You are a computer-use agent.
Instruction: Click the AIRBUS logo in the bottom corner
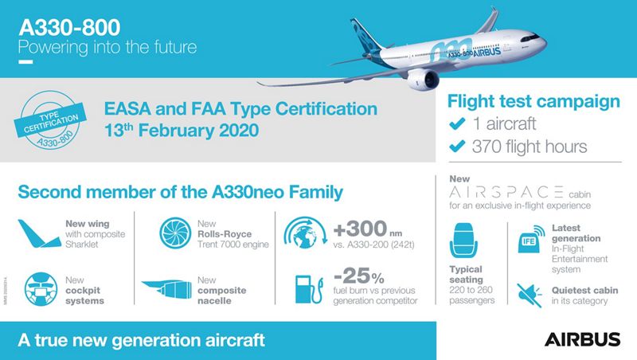coord(583,340)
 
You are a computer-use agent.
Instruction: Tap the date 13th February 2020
coord(179,129)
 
